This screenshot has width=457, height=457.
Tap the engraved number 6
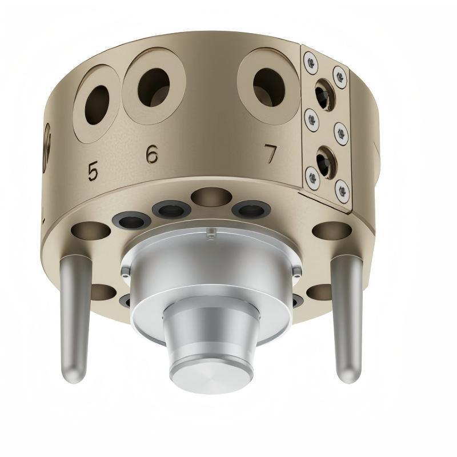152,154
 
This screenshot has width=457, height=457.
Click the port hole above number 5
97,105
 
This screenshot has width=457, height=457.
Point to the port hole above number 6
154,87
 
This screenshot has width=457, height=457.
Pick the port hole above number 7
269,87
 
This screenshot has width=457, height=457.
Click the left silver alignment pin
73,318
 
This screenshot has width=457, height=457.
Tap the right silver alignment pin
347,318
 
